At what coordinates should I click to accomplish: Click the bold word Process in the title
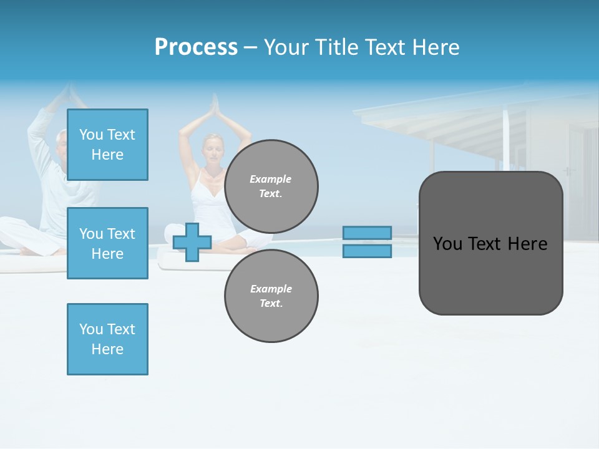(196, 47)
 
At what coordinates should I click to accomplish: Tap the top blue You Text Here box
(107, 145)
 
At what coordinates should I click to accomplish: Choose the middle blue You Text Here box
(107, 243)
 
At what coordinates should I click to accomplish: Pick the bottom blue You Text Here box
(107, 339)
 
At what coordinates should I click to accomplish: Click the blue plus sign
(192, 242)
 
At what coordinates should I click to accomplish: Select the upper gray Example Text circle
(271, 186)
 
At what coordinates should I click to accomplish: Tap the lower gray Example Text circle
(271, 296)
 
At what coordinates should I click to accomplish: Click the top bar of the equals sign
(367, 233)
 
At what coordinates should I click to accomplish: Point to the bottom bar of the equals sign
(367, 251)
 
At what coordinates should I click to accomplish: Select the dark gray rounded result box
(490, 243)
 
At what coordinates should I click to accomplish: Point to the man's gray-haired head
(61, 140)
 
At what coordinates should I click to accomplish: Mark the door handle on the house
(567, 171)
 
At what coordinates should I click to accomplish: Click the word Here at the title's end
(437, 47)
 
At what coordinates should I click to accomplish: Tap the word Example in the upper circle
(270, 179)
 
